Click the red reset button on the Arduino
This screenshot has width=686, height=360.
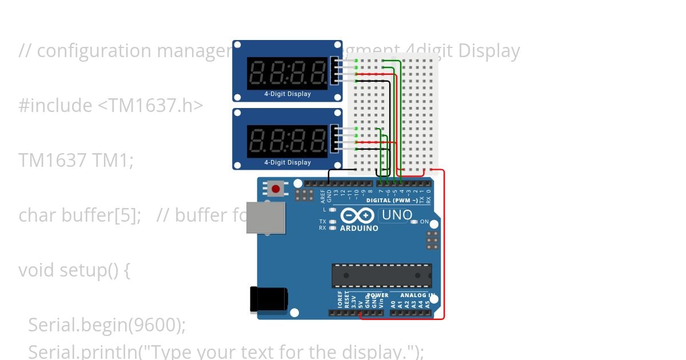tap(276, 189)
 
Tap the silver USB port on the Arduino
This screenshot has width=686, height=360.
tap(265, 217)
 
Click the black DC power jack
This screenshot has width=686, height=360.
tap(268, 299)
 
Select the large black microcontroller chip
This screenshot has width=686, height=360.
tap(381, 275)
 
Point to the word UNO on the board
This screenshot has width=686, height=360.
tap(397, 215)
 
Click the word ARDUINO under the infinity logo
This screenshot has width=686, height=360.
tap(359, 228)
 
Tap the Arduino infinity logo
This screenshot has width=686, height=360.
tap(358, 215)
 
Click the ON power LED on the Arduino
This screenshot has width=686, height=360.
tap(415, 221)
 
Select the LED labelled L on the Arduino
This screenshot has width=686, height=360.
tap(333, 210)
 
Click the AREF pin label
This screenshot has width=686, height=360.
tap(322, 196)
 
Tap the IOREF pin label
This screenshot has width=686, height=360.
tap(340, 299)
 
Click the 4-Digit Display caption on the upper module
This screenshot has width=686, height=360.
tap(287, 94)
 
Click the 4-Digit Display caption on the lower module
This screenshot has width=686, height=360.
tap(287, 162)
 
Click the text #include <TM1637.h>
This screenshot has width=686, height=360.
tap(111, 106)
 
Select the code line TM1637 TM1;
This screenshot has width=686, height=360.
tap(76, 161)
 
